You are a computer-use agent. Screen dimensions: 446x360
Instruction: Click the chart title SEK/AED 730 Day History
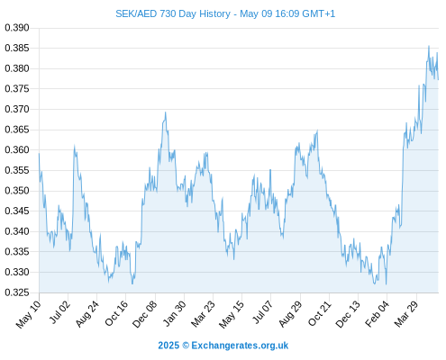pos(173,13)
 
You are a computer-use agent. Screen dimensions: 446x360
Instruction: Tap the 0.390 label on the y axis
pos(17,28)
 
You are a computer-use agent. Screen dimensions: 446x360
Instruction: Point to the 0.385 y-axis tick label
pos(17,48)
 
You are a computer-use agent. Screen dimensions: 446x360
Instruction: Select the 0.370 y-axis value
pos(17,109)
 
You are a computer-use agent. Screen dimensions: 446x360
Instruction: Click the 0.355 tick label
pos(17,170)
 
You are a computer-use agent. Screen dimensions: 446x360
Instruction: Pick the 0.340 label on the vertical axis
pos(17,231)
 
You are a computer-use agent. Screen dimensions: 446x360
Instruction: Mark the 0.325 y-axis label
pos(17,292)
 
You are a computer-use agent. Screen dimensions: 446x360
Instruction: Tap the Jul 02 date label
pos(59,312)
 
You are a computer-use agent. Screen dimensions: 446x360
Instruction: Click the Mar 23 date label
pos(203,313)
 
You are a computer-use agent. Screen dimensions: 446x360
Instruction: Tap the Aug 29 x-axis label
pos(290,313)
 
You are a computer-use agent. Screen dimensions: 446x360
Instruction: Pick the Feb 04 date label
pos(378,313)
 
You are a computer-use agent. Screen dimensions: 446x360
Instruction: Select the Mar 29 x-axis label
pos(406,313)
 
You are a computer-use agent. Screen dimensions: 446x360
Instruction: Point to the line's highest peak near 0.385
pos(429,46)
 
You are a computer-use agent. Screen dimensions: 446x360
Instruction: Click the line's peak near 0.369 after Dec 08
pos(165,112)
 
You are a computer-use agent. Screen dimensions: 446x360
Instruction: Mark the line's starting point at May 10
pos(39,154)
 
